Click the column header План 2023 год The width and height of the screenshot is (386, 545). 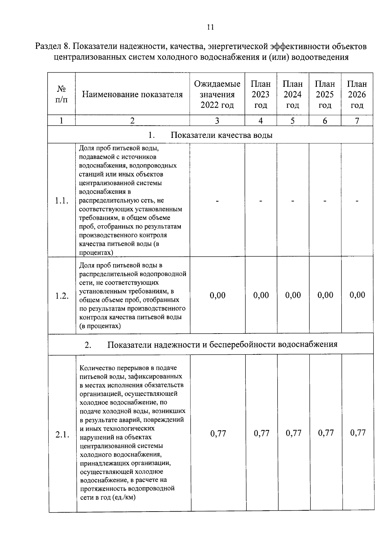pyautogui.click(x=261, y=94)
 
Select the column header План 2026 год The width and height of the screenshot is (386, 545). pyautogui.click(x=357, y=94)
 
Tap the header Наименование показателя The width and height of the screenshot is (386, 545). pyautogui.click(x=132, y=94)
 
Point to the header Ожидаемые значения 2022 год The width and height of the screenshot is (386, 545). pyautogui.click(x=217, y=94)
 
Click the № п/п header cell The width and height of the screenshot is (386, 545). pyautogui.click(x=61, y=94)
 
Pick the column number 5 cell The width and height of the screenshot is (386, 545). pyautogui.click(x=292, y=121)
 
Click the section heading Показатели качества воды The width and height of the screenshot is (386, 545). pyautogui.click(x=221, y=135)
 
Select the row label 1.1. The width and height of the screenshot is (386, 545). pyautogui.click(x=61, y=201)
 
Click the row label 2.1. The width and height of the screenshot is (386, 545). pyautogui.click(x=62, y=435)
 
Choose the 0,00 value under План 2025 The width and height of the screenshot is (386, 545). pyautogui.click(x=325, y=295)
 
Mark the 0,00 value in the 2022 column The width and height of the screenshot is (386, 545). pyautogui.click(x=217, y=295)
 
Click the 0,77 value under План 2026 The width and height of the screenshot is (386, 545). pyautogui.click(x=358, y=433)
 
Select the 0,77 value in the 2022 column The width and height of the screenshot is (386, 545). pyautogui.click(x=218, y=433)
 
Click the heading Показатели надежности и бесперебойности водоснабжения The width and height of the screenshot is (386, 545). pyautogui.click(x=222, y=344)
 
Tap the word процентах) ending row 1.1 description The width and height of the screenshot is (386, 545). pyautogui.click(x=96, y=253)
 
